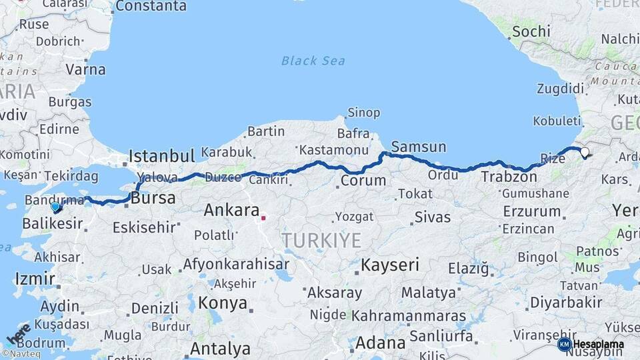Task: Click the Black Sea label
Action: click(x=313, y=61)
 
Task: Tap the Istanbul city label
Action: click(x=161, y=156)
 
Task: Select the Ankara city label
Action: click(x=231, y=211)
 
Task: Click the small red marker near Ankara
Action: click(x=263, y=217)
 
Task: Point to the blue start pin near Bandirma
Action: click(x=55, y=207)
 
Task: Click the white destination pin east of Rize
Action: click(x=585, y=153)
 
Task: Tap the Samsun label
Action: click(x=418, y=147)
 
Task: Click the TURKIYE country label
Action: click(x=321, y=240)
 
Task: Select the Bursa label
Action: click(x=153, y=199)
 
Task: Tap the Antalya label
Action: click(x=220, y=348)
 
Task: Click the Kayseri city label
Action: click(x=390, y=265)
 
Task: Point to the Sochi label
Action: click(x=531, y=31)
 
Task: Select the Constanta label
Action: click(x=151, y=7)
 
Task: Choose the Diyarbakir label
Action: click(x=566, y=303)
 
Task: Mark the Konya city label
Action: click(x=223, y=303)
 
